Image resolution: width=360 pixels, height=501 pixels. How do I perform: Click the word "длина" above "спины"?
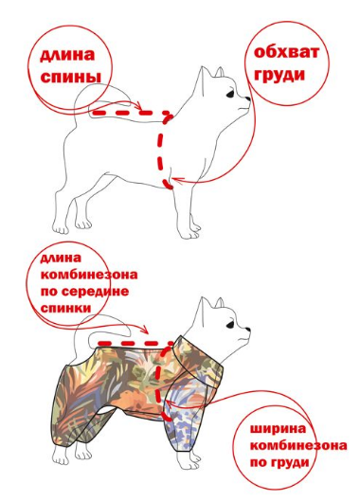click(67, 56)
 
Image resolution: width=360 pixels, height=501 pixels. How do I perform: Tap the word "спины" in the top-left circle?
click(71, 77)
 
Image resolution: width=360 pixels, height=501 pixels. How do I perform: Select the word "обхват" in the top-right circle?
click(286, 52)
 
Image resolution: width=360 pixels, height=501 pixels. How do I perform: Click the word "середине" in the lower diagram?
click(96, 292)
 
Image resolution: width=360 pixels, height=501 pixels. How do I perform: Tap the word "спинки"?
click(65, 309)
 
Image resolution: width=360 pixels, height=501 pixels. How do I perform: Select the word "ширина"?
click(278, 429)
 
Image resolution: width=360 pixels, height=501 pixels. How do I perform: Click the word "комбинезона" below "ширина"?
click(298, 445)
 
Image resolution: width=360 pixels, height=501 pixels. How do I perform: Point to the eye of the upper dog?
click(231, 95)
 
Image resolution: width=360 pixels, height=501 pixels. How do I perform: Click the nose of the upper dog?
click(248, 98)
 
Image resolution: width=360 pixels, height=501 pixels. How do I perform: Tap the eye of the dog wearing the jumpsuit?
click(231, 325)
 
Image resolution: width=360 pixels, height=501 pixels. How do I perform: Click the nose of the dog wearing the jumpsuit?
click(248, 329)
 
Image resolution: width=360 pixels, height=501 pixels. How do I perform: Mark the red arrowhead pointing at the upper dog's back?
click(138, 107)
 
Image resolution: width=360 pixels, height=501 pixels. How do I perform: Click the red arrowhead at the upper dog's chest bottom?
click(176, 181)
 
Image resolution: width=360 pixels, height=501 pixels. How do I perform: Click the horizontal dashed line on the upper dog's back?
click(131, 113)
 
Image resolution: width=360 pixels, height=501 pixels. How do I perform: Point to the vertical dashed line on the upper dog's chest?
click(161, 151)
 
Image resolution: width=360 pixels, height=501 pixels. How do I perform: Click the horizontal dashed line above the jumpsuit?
click(135, 344)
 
